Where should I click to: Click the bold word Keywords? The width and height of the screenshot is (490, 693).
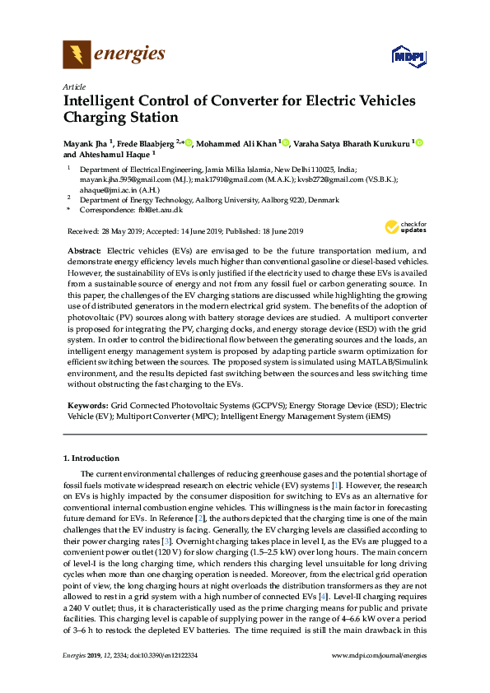coord(86,407)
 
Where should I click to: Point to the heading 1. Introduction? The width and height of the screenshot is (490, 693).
coord(91,458)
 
